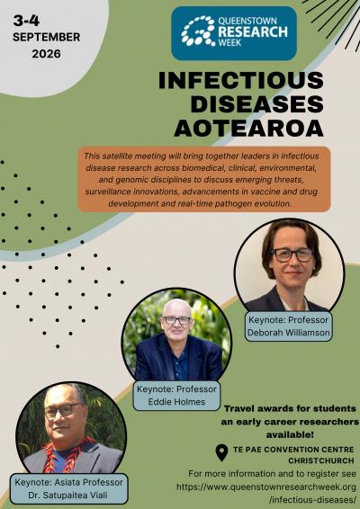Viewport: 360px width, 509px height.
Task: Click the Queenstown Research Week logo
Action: click(x=234, y=33)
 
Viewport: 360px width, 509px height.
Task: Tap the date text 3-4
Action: click(x=26, y=21)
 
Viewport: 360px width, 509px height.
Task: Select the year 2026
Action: click(x=46, y=54)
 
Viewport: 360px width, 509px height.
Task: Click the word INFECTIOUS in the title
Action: click(x=241, y=81)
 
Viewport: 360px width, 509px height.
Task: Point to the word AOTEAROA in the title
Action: click(x=249, y=129)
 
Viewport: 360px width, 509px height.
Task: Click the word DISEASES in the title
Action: click(x=257, y=104)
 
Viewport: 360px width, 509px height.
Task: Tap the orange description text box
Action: click(x=204, y=180)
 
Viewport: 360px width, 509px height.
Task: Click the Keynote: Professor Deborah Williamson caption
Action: click(x=289, y=326)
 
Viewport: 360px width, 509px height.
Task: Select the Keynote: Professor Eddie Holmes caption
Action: click(x=176, y=396)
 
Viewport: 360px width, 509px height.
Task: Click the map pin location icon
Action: click(x=221, y=453)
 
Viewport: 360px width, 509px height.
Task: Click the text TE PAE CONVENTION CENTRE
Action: click(x=293, y=450)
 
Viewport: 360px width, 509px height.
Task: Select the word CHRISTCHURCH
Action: click(x=321, y=460)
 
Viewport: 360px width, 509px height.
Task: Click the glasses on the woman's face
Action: click(x=292, y=254)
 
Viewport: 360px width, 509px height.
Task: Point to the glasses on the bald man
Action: click(x=176, y=320)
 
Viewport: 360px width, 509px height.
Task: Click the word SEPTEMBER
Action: click(x=47, y=37)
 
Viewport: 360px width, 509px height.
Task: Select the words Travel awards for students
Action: click(x=290, y=408)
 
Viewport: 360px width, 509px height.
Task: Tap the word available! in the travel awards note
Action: click(x=290, y=434)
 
